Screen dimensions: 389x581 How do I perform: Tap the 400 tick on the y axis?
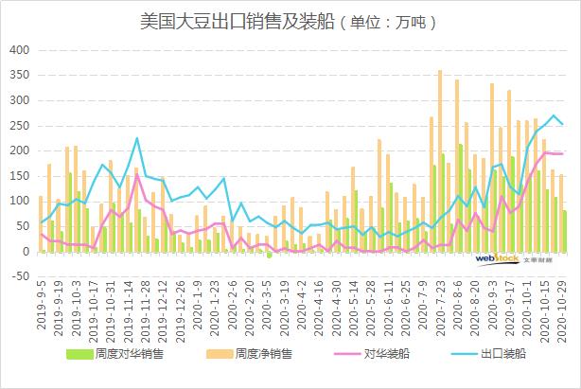pyautogui.click(x=19, y=49)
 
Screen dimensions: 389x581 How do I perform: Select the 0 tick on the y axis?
pyautogui.click(x=26, y=252)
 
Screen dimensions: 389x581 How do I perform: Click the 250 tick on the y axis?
pyautogui.click(x=19, y=125)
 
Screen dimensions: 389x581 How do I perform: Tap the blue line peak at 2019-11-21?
pyautogui.click(x=137, y=138)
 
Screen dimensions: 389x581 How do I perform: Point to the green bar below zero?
pyautogui.click(x=270, y=255)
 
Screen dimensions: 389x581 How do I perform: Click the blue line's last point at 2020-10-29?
pyautogui.click(x=563, y=124)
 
